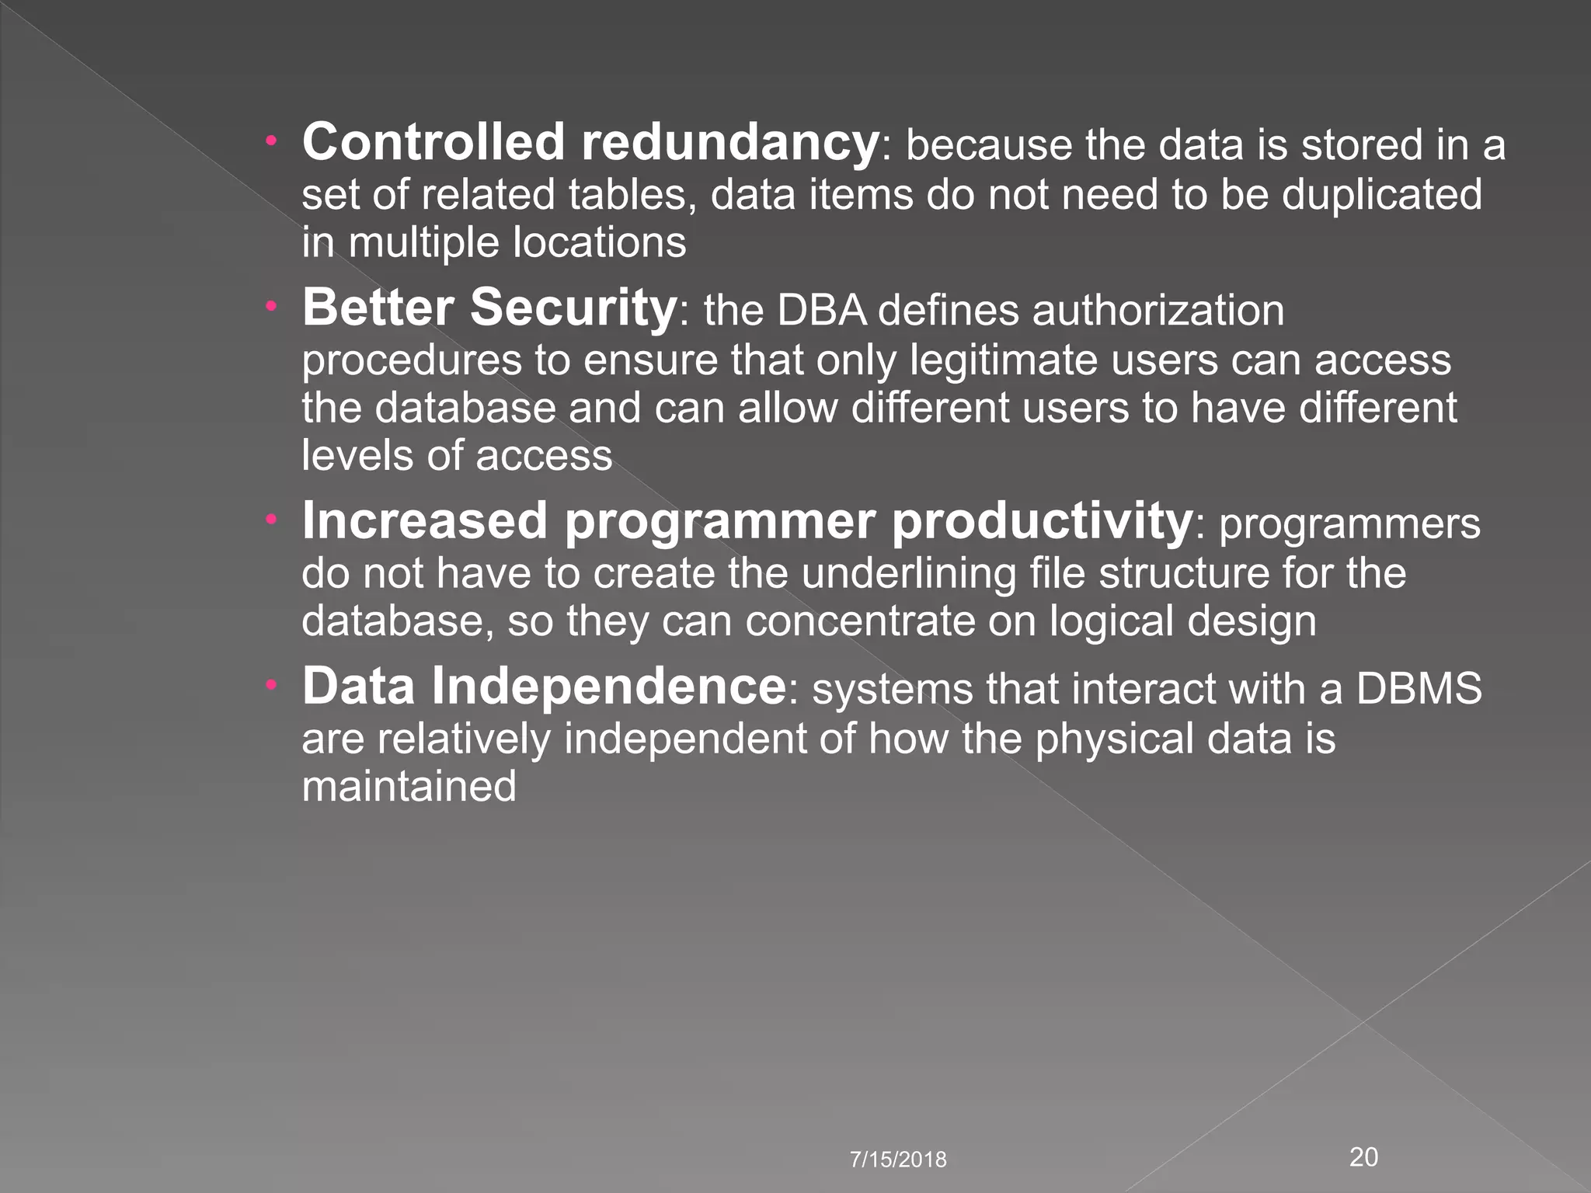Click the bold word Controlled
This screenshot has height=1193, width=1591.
tap(433, 143)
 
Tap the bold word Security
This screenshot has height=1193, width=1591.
tap(573, 308)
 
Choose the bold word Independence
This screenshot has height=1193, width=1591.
tap(608, 687)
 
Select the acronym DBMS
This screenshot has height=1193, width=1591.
tap(1419, 688)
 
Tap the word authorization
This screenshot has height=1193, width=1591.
tap(1158, 311)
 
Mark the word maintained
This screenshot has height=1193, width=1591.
tap(409, 786)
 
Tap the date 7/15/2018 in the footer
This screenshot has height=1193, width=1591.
tap(898, 1160)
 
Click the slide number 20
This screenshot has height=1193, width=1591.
tap(1364, 1157)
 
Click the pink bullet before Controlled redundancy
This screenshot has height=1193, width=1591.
tap(271, 142)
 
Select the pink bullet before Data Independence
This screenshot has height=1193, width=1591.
tap(271, 686)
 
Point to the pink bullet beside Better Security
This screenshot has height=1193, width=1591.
tap(271, 307)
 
